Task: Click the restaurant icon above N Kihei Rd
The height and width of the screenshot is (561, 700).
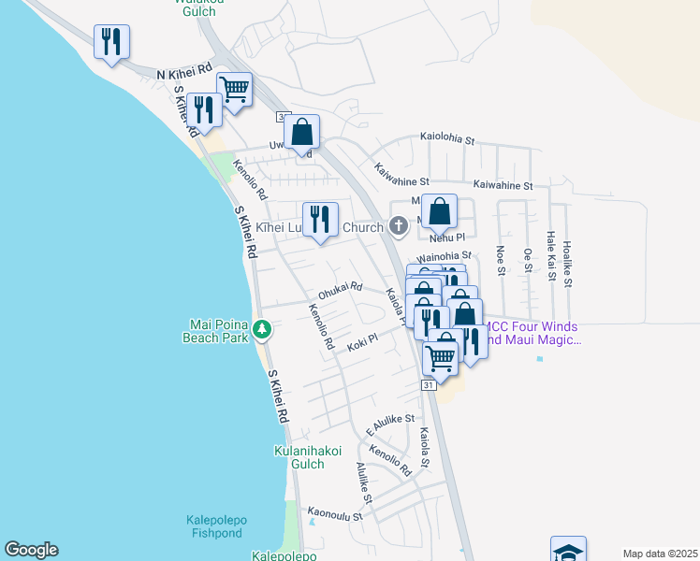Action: (x=111, y=41)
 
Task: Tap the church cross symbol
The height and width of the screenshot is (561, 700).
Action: (x=399, y=225)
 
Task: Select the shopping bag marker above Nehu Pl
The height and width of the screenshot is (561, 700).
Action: (x=439, y=211)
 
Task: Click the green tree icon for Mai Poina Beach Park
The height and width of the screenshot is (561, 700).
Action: (x=264, y=329)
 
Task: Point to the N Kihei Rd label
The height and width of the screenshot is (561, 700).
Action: (x=184, y=73)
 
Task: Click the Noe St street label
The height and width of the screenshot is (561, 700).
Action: (x=501, y=261)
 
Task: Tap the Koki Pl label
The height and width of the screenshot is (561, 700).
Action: (x=362, y=341)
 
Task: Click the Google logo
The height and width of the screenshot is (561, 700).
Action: (x=31, y=550)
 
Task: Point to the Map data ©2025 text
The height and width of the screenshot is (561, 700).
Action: (x=660, y=554)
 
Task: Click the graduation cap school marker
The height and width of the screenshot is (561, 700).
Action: (x=568, y=551)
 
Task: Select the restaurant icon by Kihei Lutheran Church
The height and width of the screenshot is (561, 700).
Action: (x=320, y=219)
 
